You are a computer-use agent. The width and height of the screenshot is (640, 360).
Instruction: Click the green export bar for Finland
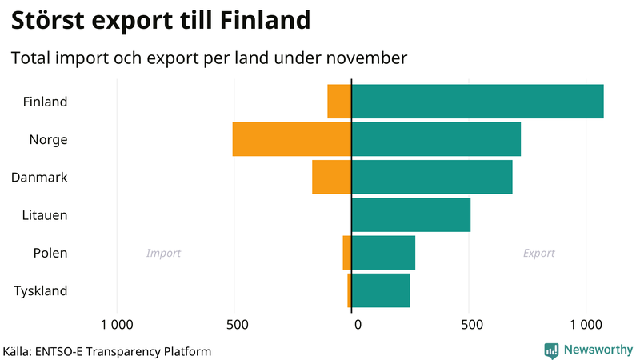478,102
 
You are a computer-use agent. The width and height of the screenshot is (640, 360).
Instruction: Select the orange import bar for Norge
292,139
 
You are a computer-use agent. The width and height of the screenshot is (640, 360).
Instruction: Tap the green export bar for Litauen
411,214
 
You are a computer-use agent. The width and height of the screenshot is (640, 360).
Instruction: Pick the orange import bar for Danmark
331,177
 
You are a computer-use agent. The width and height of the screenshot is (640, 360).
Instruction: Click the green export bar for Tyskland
381,290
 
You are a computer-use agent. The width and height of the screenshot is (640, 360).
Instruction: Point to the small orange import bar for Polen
347,253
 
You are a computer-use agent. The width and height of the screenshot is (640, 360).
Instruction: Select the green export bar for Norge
436,139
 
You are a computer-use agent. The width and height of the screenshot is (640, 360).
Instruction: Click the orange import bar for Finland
339,102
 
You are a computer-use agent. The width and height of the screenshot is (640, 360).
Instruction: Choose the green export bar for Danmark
432,177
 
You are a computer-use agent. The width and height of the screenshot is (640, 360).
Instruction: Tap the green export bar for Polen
383,253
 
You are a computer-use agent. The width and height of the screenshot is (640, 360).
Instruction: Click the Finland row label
45,102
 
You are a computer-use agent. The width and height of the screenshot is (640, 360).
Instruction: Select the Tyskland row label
40,291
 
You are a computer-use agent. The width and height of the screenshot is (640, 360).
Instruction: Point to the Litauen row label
45,215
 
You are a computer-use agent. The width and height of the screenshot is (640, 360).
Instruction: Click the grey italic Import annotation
163,254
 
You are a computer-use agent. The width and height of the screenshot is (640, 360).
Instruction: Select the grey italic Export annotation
538,254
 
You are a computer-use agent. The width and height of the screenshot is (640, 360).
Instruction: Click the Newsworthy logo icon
551,350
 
